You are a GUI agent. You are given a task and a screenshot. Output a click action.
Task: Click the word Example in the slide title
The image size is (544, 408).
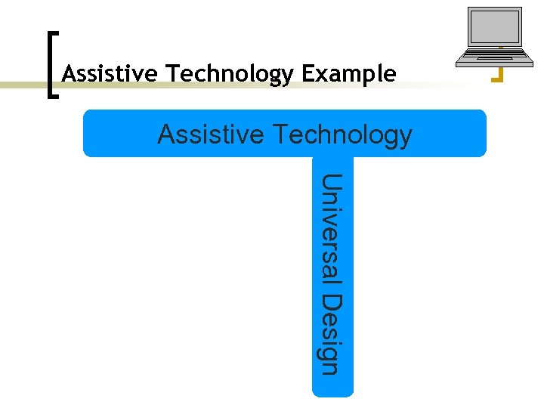point(348,74)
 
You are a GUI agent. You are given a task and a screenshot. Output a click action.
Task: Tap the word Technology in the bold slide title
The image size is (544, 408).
point(230,74)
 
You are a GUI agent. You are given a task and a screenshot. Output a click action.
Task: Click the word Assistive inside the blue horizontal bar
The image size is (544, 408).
point(211,134)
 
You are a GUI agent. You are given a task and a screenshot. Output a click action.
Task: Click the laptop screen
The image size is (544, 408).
point(495,29)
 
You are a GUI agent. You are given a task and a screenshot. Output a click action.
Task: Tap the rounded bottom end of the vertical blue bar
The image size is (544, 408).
point(332,390)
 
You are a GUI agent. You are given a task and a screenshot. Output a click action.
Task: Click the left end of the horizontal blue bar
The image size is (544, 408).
point(89,134)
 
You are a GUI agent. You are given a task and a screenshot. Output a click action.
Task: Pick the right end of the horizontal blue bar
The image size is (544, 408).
point(480,134)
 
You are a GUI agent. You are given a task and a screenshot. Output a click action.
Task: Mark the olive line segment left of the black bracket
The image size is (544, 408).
point(23,85)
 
